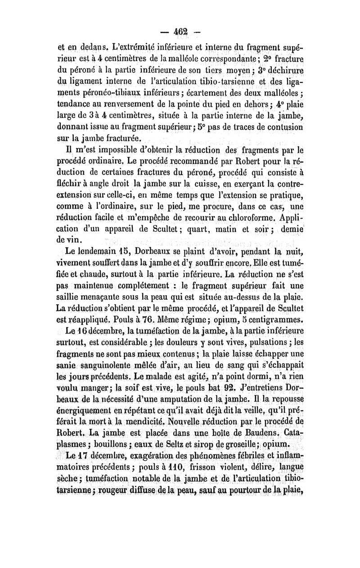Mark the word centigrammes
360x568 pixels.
tap(272, 321)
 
